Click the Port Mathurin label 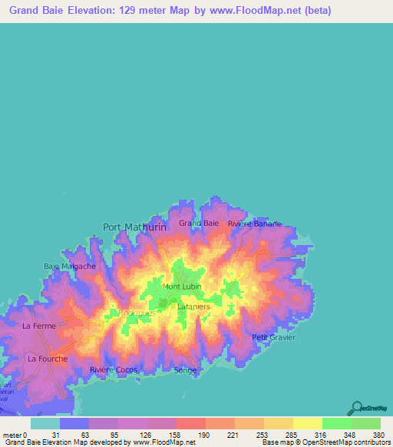[x=134, y=227]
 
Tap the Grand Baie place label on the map [x=199, y=223]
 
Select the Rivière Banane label [x=254, y=223]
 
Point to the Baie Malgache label [x=70, y=266]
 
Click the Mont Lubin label [x=181, y=286]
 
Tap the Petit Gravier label [x=273, y=337]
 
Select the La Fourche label [x=48, y=358]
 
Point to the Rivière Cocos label [x=113, y=369]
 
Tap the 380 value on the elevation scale [x=377, y=434]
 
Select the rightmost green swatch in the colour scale [x=365, y=423]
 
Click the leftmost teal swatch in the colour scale [x=45, y=423]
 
